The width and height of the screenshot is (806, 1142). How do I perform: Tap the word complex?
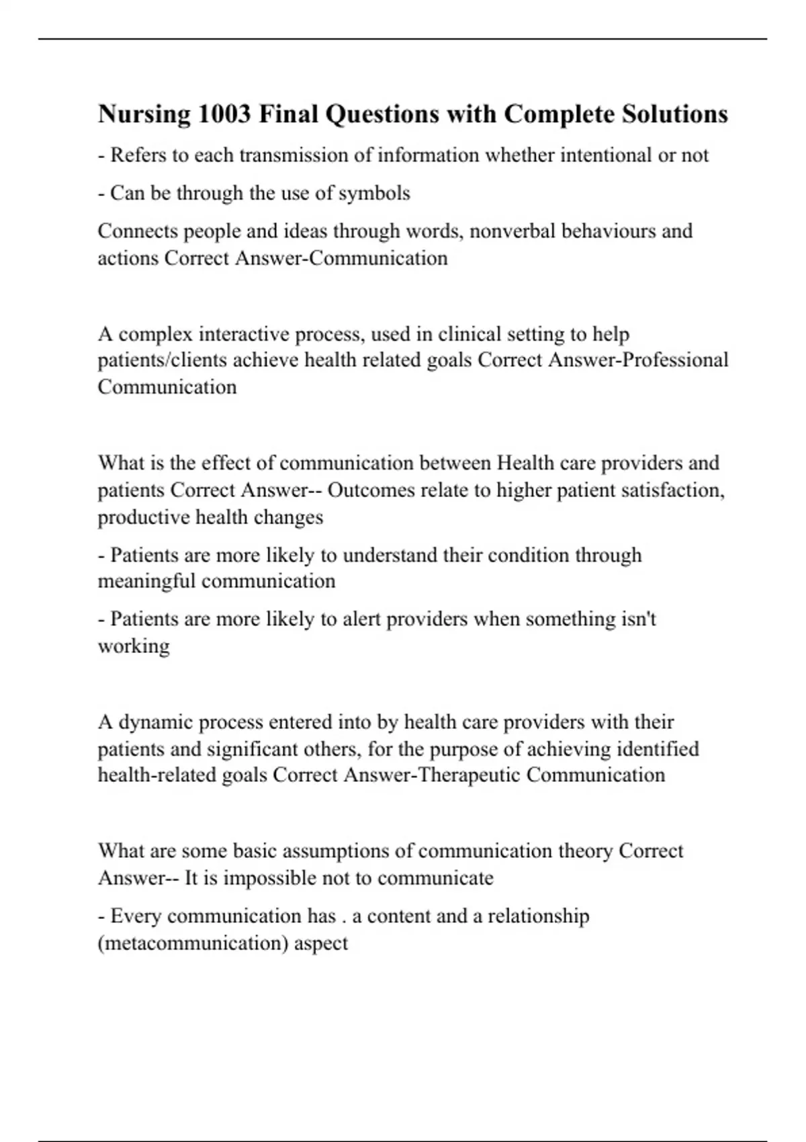[155, 334]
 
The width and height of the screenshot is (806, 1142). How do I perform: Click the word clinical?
[469, 334]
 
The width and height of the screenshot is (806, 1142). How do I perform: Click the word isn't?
[637, 619]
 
